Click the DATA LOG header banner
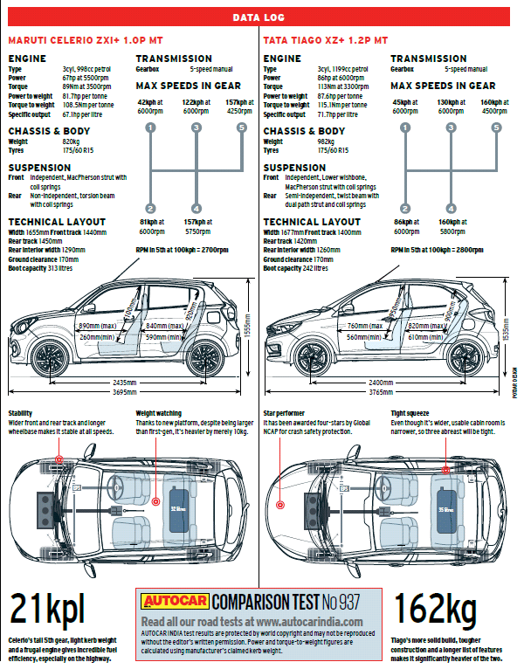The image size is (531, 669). point(261,17)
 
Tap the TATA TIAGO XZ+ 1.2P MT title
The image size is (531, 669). point(325,40)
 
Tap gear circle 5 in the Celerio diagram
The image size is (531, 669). point(241,128)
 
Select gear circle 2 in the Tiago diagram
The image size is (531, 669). point(405,209)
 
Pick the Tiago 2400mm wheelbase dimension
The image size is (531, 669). point(380,383)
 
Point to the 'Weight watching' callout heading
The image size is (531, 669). point(159,413)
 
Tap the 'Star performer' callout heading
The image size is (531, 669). point(285,413)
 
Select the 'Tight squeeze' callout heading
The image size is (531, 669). point(410,413)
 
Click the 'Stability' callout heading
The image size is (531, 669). point(21,413)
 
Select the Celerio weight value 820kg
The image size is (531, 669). point(71,141)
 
